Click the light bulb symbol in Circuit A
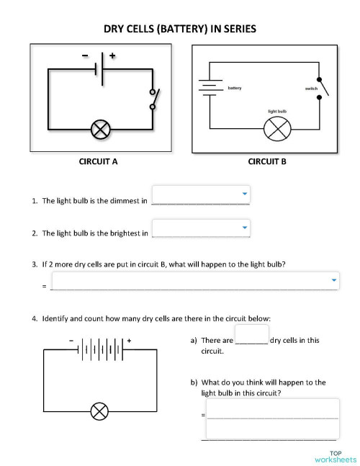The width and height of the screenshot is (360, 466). (100, 130)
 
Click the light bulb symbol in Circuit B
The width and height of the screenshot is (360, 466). (277, 129)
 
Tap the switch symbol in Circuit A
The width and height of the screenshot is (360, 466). (154, 99)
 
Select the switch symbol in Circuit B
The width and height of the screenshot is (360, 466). (323, 89)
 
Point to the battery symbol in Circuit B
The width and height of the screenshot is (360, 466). (210, 88)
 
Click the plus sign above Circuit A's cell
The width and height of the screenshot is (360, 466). (112, 55)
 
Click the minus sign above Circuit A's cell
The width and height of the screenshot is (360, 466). (85, 55)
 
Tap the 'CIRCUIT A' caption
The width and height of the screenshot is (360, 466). (98, 161)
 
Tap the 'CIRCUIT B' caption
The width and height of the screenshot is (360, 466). (267, 161)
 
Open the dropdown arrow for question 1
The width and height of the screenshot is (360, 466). (245, 194)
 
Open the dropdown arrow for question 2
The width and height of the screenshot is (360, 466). (245, 228)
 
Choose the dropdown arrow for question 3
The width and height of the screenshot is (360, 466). (334, 280)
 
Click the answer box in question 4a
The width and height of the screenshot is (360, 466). (252, 334)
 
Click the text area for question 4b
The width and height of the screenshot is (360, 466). (273, 418)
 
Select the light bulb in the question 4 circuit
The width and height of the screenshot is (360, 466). (99, 411)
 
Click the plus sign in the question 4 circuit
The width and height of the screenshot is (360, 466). (129, 341)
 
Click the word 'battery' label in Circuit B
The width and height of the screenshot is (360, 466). (235, 88)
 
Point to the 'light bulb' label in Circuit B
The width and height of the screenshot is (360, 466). (277, 111)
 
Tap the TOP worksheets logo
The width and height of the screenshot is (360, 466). (336, 457)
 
